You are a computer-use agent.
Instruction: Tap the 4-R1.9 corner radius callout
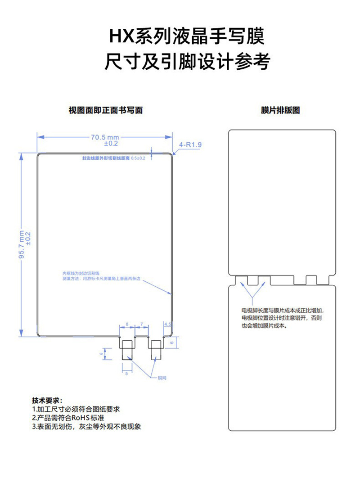tap(191, 144)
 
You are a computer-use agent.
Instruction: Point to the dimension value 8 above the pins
tap(127, 324)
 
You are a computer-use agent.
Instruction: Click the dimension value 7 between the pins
tap(141, 324)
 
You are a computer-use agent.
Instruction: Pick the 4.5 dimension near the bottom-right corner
tap(168, 324)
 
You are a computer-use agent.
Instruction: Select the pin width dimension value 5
tap(126, 374)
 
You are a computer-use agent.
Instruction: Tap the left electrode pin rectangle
tap(126, 349)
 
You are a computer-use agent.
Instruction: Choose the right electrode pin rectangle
tap(156, 348)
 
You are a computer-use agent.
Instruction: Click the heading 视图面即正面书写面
tap(105, 110)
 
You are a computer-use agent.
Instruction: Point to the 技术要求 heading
tap(47, 401)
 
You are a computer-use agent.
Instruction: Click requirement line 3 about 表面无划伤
tap(86, 426)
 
